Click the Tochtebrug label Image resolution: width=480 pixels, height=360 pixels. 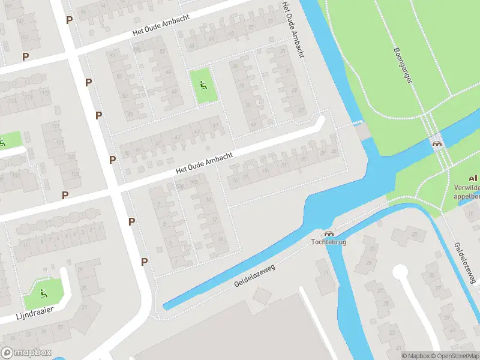pos(329,242)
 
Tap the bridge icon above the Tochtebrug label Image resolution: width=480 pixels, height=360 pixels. pos(329,233)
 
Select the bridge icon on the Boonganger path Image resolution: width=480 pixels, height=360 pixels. pos(437,143)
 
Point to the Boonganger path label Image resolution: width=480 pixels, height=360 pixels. pos(404,66)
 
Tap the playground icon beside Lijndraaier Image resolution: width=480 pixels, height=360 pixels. pos(43,293)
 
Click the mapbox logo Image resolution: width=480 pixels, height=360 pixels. pos(26,353)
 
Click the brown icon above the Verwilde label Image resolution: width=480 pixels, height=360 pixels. pos(473,178)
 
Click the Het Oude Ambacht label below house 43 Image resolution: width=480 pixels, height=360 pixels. pos(204,162)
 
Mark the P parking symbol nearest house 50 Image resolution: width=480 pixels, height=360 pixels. pos(112,160)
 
